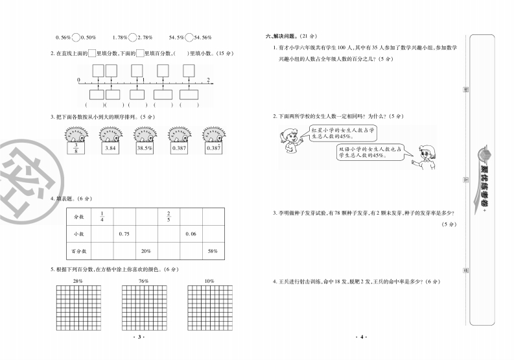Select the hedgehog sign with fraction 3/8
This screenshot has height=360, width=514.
click(x=76, y=149)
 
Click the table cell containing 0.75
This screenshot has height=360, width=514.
click(x=124, y=234)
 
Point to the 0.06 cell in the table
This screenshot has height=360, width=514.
click(x=191, y=234)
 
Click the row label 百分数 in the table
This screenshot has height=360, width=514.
click(x=79, y=250)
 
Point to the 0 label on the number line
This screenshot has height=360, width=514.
click(x=78, y=79)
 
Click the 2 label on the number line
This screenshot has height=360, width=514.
click(x=208, y=79)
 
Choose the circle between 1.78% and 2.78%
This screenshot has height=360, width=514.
click(x=132, y=37)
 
